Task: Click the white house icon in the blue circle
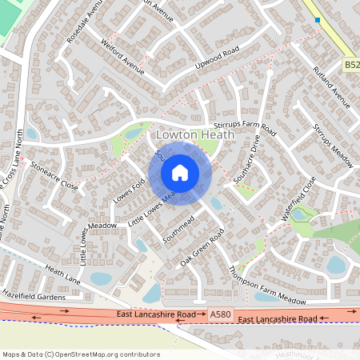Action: pos(179,173)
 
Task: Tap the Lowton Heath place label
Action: pos(196,135)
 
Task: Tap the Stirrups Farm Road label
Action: pos(245,126)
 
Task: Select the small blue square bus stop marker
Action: pos(318,19)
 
